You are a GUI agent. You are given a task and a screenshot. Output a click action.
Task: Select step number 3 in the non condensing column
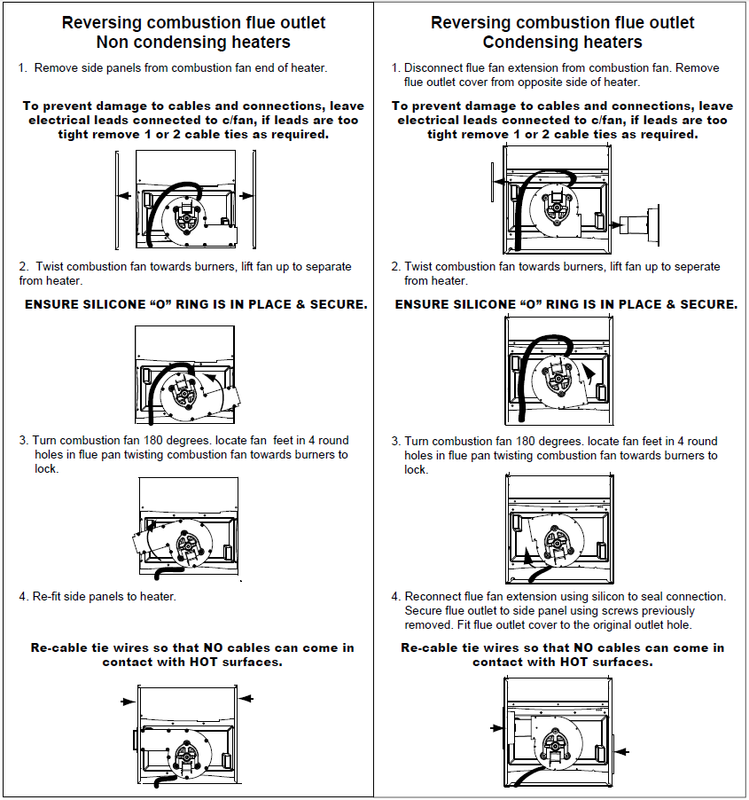tap(23, 441)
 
